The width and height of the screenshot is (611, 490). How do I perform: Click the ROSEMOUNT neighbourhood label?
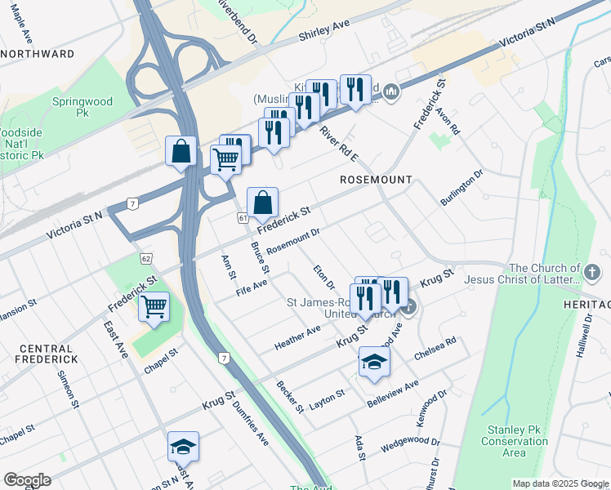(x=376, y=179)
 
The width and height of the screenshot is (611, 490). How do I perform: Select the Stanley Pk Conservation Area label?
(x=517, y=441)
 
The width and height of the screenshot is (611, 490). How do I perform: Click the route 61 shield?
(x=243, y=218)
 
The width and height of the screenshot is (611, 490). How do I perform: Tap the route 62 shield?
(x=145, y=258)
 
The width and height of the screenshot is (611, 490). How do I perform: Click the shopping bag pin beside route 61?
(x=263, y=203)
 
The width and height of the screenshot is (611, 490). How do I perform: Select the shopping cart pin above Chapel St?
(x=154, y=307)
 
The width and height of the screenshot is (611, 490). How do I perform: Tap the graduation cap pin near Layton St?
(x=374, y=362)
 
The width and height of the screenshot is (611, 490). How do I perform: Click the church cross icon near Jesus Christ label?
(x=594, y=270)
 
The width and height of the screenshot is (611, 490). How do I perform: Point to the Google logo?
(x=27, y=480)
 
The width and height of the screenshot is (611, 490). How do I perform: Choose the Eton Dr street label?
(x=324, y=277)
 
